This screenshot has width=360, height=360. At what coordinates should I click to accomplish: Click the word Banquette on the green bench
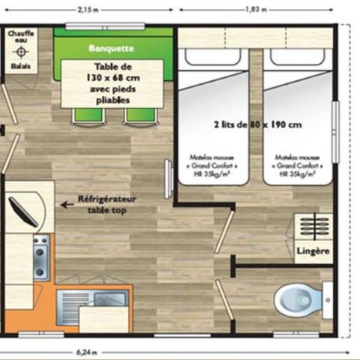click(111, 48)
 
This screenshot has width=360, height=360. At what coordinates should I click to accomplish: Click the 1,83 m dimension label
click(256, 9)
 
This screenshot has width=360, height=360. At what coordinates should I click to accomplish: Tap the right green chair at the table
click(139, 115)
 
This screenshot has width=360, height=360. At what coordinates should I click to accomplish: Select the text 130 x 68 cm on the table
click(113, 76)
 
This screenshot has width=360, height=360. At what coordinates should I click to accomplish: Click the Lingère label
click(313, 251)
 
